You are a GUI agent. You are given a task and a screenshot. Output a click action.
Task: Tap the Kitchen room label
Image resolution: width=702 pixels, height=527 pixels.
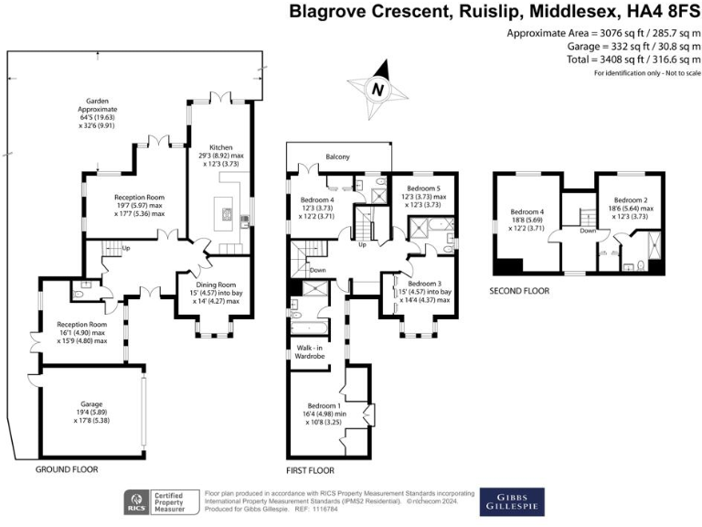(219, 147)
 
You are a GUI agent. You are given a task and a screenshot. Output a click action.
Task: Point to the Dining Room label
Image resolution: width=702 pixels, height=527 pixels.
(216, 285)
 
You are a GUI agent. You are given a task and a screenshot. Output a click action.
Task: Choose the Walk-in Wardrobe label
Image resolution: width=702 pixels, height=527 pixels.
(306, 351)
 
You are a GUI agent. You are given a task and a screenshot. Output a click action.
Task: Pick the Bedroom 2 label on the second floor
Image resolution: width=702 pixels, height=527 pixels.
(630, 199)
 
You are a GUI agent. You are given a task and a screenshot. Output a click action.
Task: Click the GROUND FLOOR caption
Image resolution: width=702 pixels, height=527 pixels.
(67, 469)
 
